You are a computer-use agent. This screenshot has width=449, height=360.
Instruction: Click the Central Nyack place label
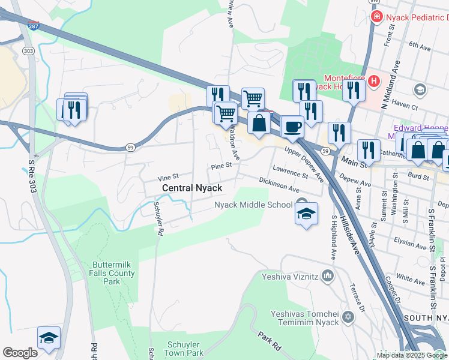(x=192, y=188)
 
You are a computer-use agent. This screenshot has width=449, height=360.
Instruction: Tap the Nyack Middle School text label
(x=253, y=205)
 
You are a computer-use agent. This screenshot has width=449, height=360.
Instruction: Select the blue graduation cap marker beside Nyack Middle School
(x=306, y=214)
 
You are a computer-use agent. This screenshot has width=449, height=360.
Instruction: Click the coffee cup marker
(x=292, y=127)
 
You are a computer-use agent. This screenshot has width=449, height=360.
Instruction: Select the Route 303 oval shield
(x=29, y=50)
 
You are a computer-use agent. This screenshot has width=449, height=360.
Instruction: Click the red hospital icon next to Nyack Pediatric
(x=377, y=16)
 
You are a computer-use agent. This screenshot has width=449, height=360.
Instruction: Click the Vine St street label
(x=168, y=178)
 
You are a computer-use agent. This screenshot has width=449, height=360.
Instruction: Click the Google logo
(x=20, y=353)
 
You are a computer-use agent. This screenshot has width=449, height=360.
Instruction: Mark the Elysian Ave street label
(x=411, y=244)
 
